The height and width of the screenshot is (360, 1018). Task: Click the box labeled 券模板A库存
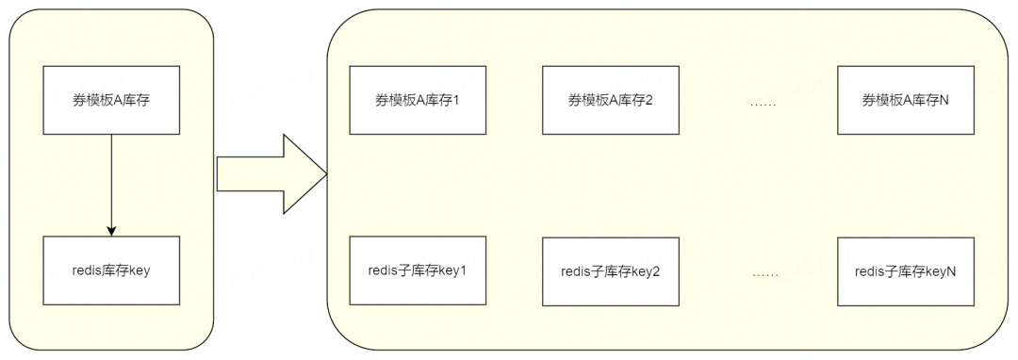pyautogui.click(x=111, y=100)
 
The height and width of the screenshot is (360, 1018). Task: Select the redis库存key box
pyautogui.click(x=111, y=270)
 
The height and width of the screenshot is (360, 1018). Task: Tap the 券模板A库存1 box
pyautogui.click(x=417, y=100)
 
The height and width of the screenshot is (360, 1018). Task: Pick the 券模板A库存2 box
pyautogui.click(x=610, y=100)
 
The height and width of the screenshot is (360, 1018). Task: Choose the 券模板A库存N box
pyautogui.click(x=905, y=100)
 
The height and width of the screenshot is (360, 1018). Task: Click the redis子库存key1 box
pyautogui.click(x=418, y=270)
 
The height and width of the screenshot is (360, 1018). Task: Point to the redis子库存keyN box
pyautogui.click(x=905, y=270)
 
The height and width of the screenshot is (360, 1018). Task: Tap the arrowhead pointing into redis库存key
pyautogui.click(x=111, y=230)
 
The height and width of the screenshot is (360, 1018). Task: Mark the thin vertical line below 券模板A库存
pyautogui.click(x=111, y=179)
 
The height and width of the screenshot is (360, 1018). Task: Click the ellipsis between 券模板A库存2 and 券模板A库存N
pyautogui.click(x=762, y=103)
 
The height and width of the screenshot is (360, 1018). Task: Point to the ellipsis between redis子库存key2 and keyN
pyautogui.click(x=765, y=273)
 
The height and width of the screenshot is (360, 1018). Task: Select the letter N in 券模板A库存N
pyautogui.click(x=944, y=101)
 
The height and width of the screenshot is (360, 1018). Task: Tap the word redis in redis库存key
pyautogui.click(x=87, y=270)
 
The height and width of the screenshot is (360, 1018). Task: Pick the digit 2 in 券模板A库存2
pyautogui.click(x=649, y=101)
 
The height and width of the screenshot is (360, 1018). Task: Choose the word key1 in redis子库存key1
pyautogui.click(x=453, y=271)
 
